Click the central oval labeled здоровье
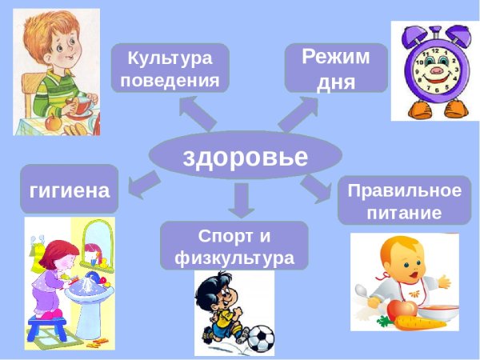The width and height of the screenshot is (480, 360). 245,155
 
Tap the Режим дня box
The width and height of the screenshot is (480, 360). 336,68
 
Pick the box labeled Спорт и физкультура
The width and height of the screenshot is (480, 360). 234,246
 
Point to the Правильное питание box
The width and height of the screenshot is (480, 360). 405,201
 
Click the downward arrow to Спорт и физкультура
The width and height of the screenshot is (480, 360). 240,200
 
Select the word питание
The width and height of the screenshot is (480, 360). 405,213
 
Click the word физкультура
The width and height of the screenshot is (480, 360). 234,258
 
